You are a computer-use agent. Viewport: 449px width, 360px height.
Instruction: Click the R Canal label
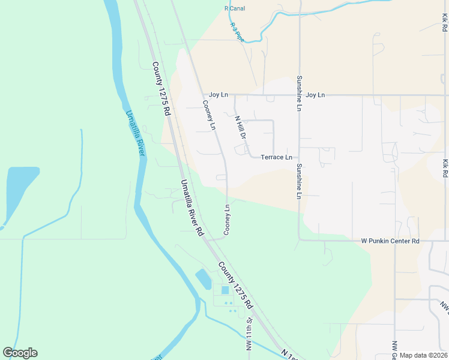click(234, 8)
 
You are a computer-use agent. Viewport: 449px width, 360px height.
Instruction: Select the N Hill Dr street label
click(241, 127)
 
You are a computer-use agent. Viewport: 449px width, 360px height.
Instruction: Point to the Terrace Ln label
click(276, 157)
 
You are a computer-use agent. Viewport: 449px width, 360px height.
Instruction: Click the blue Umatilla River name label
click(135, 133)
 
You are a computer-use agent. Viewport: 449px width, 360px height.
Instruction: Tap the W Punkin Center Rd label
click(390, 241)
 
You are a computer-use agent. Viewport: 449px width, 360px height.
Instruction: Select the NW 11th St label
click(249, 340)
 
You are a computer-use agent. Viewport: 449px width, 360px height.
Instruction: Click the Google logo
click(20, 353)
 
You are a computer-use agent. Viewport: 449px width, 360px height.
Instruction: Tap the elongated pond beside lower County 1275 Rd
click(203, 278)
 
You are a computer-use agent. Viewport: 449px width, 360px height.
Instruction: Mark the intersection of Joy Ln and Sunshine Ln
click(299, 95)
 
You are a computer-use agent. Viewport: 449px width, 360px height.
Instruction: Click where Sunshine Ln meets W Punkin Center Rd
click(299, 240)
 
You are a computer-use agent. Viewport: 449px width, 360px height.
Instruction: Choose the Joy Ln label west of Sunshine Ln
click(218, 95)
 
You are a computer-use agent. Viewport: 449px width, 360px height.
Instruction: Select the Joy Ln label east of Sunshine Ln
click(315, 95)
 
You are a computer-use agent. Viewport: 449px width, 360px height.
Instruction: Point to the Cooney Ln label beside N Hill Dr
click(208, 115)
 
